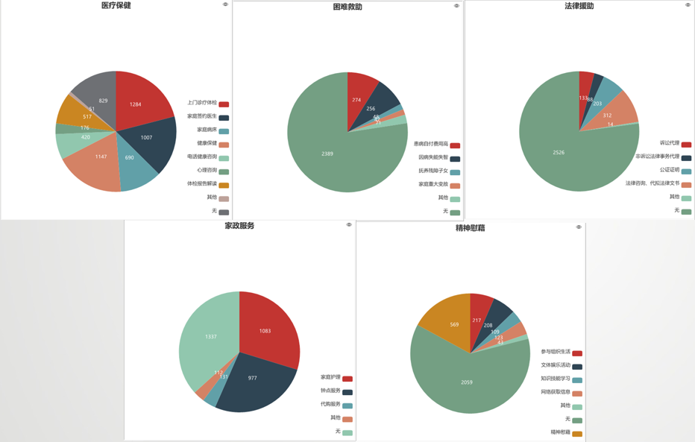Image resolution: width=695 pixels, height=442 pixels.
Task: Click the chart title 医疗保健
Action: pyautogui.click(x=116, y=6)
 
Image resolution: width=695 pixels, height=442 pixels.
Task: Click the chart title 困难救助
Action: pyautogui.click(x=347, y=7)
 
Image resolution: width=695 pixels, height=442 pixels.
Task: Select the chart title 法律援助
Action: pyautogui.click(x=579, y=6)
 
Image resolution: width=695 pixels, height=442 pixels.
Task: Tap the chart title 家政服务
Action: pyautogui.click(x=239, y=226)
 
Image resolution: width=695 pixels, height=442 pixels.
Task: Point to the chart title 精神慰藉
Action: pyautogui.click(x=470, y=228)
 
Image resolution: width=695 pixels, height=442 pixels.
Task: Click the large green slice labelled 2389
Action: pyautogui.click(x=328, y=154)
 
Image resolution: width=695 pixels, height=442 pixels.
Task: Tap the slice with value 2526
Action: pyautogui.click(x=559, y=152)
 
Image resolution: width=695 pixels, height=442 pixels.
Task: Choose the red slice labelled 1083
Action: pyautogui.click(x=266, y=330)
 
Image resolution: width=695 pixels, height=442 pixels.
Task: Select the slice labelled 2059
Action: pyautogui.click(x=467, y=382)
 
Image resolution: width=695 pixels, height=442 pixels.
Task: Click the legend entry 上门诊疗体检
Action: pyautogui.click(x=202, y=103)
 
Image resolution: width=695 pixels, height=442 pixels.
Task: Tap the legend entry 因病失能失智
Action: pyautogui.click(x=433, y=157)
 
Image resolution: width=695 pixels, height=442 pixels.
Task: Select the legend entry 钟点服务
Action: pyautogui.click(x=330, y=391)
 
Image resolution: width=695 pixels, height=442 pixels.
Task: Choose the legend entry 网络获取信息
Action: pyautogui.click(x=556, y=392)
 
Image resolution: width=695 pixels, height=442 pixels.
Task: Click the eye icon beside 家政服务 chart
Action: pyautogui.click(x=349, y=225)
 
